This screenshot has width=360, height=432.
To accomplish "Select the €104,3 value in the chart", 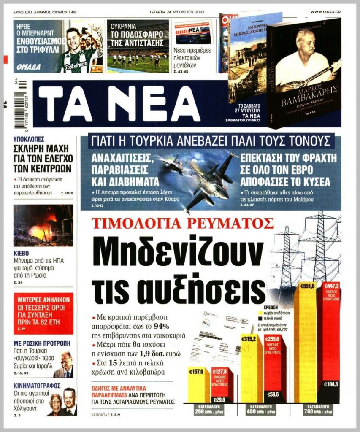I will pyautogui.click(x=331, y=384).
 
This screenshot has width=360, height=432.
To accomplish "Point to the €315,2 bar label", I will pyautogui.click(x=249, y=338).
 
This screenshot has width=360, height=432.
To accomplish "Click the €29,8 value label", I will pyautogui.click(x=219, y=400).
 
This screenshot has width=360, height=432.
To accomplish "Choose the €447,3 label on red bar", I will pyautogui.click(x=330, y=286).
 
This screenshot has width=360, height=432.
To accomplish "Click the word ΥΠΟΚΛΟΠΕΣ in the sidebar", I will pyautogui.click(x=29, y=139).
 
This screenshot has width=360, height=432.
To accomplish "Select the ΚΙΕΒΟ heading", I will pyautogui.click(x=21, y=254).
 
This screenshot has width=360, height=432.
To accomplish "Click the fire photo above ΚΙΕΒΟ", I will pyautogui.click(x=43, y=225).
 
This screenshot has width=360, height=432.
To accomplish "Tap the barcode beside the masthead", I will pyautogui.click(x=22, y=104).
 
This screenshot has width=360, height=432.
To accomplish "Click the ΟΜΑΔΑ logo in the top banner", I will pyautogui.click(x=29, y=67).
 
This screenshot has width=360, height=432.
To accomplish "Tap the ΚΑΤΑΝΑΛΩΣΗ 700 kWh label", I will pyautogui.click(x=319, y=410).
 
